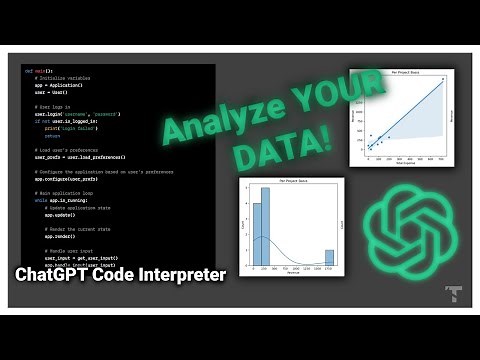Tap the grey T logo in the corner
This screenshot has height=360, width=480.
tap(452, 294)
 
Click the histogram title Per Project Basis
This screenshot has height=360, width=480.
tap(291, 180)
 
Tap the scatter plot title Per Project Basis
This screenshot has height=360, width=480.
tap(405, 71)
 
